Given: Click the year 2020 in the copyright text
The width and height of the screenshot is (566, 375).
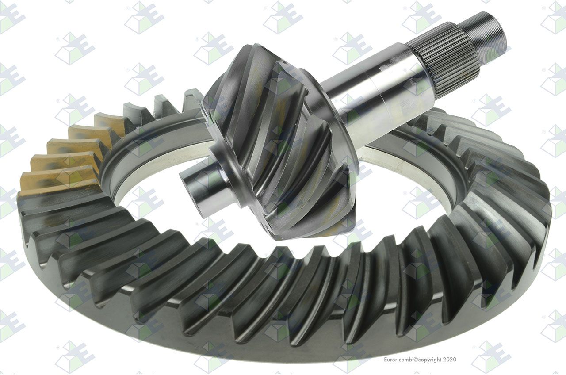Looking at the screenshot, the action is point(450,360).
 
